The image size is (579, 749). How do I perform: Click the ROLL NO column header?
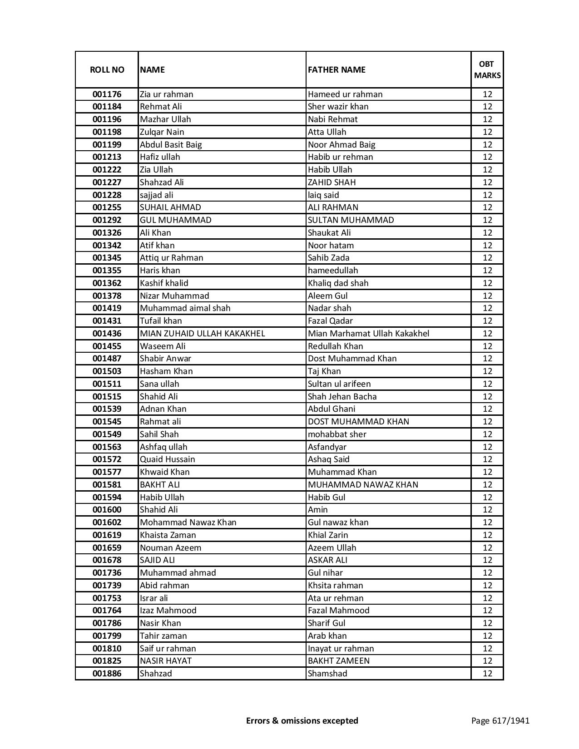tap(107, 69)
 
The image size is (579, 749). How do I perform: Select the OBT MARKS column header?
tap(487, 69)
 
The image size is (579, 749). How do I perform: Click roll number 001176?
tap(107, 94)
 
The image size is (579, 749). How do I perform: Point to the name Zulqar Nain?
tap(162, 132)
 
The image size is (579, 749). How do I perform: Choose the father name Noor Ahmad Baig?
tap(341, 145)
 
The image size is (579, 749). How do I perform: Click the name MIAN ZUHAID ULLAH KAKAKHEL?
tap(202, 334)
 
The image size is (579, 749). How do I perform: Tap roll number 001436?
tap(107, 334)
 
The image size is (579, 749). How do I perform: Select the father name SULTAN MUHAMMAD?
tap(351, 220)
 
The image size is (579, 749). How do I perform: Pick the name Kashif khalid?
tap(164, 283)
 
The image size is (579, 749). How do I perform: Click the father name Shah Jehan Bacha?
tap(342, 396)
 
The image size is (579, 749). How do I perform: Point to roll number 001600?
tap(107, 510)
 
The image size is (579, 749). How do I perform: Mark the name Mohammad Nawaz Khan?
tap(188, 522)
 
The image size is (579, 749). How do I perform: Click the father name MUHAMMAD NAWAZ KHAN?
tap(363, 485)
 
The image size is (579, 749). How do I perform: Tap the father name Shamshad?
tap(327, 674)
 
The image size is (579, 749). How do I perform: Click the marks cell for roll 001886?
tap(487, 674)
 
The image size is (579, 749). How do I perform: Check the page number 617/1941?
tap(500, 720)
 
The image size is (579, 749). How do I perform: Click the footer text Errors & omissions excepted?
tap(302, 720)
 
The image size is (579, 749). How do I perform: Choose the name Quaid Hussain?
tap(168, 459)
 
